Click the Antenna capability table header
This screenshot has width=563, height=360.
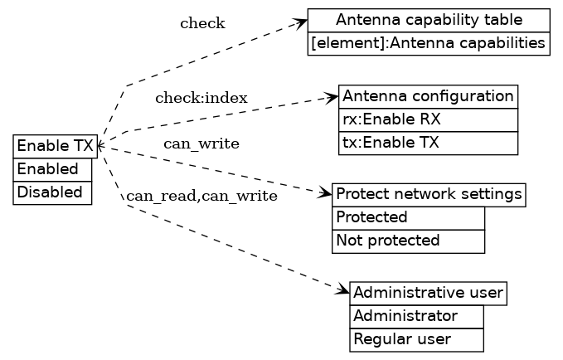pyautogui.click(x=429, y=20)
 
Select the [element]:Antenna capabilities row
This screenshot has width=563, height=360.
pyautogui.click(x=429, y=43)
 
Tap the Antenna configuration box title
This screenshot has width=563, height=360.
pyautogui.click(x=428, y=95)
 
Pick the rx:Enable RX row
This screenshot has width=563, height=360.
pyautogui.click(x=428, y=119)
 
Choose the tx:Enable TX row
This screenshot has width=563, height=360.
pyautogui.click(x=428, y=143)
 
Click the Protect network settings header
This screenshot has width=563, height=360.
pyautogui.click(x=429, y=194)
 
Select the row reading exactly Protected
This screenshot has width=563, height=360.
pyautogui.click(x=408, y=217)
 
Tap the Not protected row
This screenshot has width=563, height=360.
pyautogui.click(x=408, y=241)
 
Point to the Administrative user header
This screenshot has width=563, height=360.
pyautogui.click(x=428, y=293)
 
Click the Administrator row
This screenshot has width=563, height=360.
pyautogui.click(x=416, y=316)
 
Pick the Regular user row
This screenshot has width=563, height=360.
pyautogui.click(x=416, y=339)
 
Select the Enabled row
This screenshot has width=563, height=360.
pyautogui.click(x=52, y=169)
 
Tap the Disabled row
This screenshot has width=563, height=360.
pyautogui.click(x=52, y=192)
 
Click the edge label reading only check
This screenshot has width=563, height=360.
pyautogui.click(x=202, y=23)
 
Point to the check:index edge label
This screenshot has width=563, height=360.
pyautogui.click(x=201, y=98)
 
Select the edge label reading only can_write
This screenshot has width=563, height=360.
pyautogui.click(x=201, y=144)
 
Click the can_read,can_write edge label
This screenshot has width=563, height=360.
pyautogui.click(x=201, y=197)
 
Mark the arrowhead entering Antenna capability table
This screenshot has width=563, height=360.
pyautogui.click(x=302, y=22)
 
